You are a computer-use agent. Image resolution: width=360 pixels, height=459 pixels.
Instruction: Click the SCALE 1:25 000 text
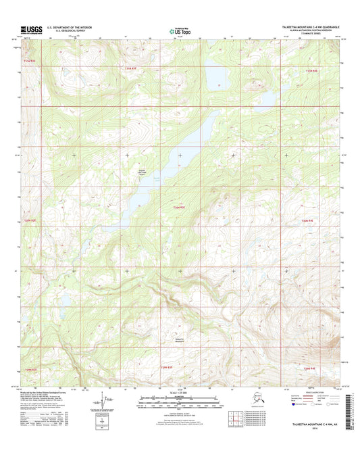point(180,393)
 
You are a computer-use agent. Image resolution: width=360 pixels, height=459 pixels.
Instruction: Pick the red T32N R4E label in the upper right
point(310,70)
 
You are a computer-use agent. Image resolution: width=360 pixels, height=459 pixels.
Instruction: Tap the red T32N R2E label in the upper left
point(33,62)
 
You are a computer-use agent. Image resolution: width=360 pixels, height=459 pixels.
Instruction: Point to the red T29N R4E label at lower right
point(309,368)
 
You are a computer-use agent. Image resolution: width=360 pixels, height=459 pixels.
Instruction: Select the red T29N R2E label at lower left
point(33,370)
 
